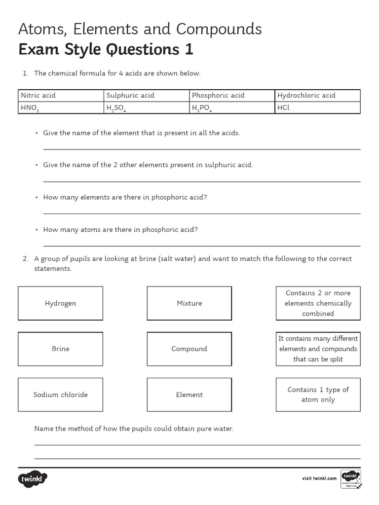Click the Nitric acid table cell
pyautogui.click(x=61, y=95)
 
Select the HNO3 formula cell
pyautogui.click(x=61, y=108)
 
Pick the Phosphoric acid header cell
pyautogui.click(x=232, y=95)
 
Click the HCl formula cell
pyautogui.click(x=317, y=108)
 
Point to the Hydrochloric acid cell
pyautogui.click(x=317, y=95)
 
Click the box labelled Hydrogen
pyautogui.click(x=61, y=303)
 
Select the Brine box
pyautogui.click(x=61, y=349)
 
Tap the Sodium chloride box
pyautogui.click(x=61, y=395)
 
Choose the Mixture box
pyautogui.click(x=189, y=303)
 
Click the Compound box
pyautogui.click(x=189, y=349)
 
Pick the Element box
pyautogui.click(x=189, y=395)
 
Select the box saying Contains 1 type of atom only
pyautogui.click(x=318, y=395)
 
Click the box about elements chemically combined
pyautogui.click(x=318, y=303)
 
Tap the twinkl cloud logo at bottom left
pyautogui.click(x=33, y=478)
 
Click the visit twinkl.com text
pyautogui.click(x=319, y=478)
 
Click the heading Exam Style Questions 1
pyautogui.click(x=106, y=50)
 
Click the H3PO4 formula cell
pyautogui.click(x=232, y=108)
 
